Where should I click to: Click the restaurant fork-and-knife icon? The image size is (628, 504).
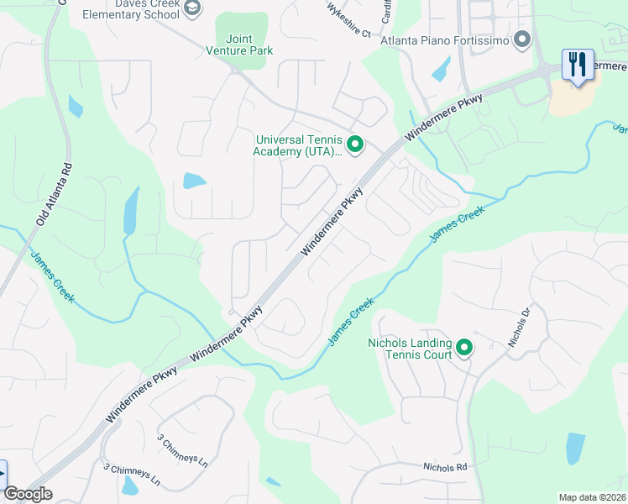point(577,65)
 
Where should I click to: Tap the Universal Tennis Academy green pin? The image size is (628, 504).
point(355,145)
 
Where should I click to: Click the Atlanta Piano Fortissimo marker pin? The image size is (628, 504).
point(522,39)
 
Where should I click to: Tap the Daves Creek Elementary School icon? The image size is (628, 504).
point(192,8)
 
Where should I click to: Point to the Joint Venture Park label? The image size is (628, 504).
point(239,45)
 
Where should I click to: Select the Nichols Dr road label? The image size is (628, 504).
point(520,328)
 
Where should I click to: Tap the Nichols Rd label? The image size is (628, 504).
point(443,467)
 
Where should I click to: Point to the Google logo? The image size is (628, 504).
point(28,494)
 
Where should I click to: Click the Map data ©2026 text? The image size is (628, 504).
point(592,497)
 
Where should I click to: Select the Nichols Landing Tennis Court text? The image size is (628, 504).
point(410,349)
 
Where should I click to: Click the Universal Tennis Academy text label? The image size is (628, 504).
point(299,145)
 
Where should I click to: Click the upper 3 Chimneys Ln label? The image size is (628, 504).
point(183,449)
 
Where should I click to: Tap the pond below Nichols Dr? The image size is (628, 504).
point(575,448)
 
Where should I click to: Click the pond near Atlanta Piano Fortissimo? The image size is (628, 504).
point(441,69)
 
